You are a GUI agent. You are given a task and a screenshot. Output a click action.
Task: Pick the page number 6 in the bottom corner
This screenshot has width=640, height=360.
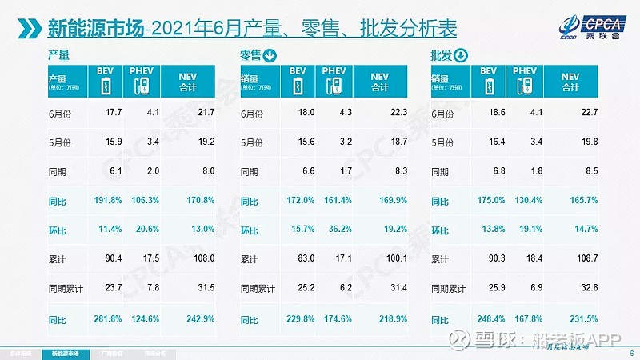(631, 353)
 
